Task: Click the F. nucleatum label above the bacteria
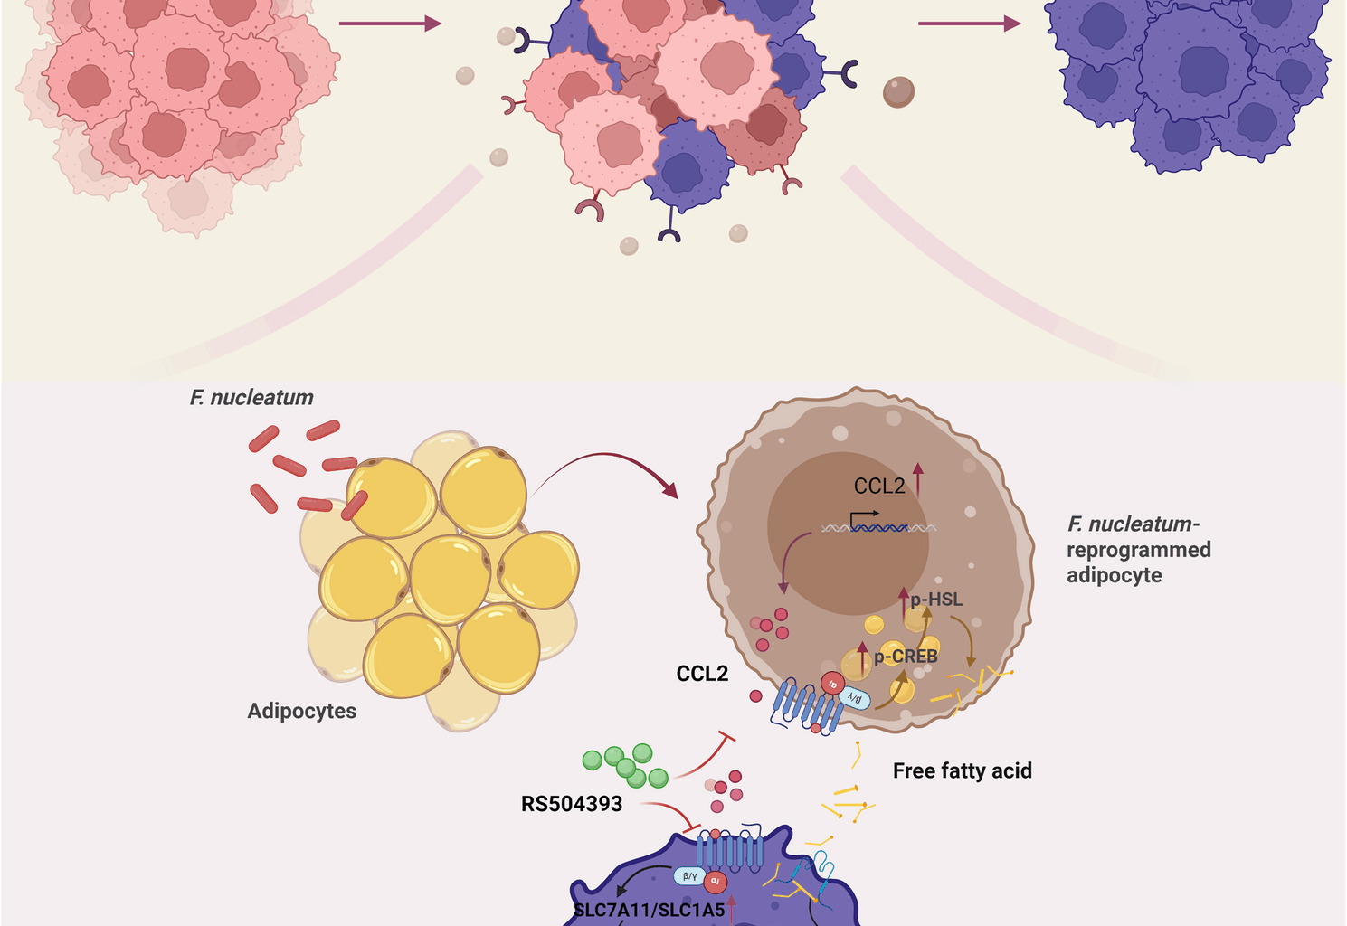(x=251, y=398)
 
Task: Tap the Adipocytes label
(x=302, y=711)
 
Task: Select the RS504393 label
(x=572, y=804)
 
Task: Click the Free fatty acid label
(x=962, y=770)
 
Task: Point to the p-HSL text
(x=936, y=600)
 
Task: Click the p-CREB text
(x=905, y=657)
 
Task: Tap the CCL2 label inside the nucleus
(x=879, y=487)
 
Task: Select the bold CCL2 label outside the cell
(x=702, y=674)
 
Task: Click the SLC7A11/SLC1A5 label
(x=650, y=910)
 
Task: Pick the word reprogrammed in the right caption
(x=1138, y=550)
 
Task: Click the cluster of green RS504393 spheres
(x=625, y=765)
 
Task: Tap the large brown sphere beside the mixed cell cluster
(x=898, y=91)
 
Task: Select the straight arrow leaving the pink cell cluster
(x=389, y=24)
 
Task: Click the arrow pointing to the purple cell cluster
(x=968, y=24)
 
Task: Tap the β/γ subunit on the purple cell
(x=689, y=875)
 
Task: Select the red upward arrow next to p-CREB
(x=862, y=657)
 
